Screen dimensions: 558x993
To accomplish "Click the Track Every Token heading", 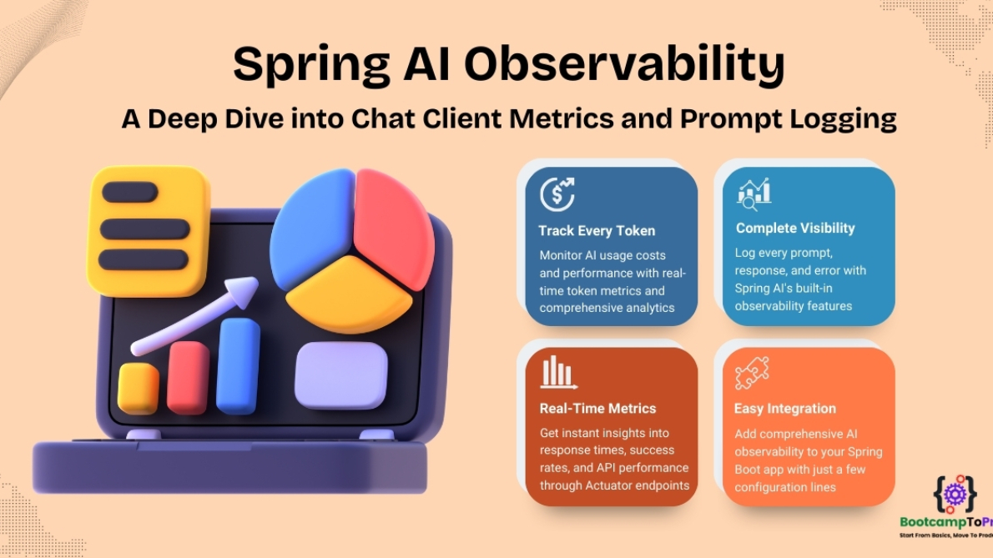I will [597, 231].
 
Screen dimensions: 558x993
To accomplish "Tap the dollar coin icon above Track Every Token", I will [557, 194].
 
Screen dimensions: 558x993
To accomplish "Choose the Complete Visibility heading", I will [795, 228].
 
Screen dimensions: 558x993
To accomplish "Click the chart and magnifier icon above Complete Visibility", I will [754, 194].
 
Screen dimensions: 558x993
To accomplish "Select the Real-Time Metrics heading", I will [597, 408].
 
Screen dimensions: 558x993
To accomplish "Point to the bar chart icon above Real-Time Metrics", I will [558, 373].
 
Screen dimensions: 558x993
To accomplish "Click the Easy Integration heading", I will [784, 409].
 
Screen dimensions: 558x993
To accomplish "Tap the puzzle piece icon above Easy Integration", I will [752, 373].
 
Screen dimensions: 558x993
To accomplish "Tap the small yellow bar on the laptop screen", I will [138, 389].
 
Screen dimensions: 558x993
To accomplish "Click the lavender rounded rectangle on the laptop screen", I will [340, 375].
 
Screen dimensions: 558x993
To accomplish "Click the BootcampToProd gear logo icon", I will [954, 493].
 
